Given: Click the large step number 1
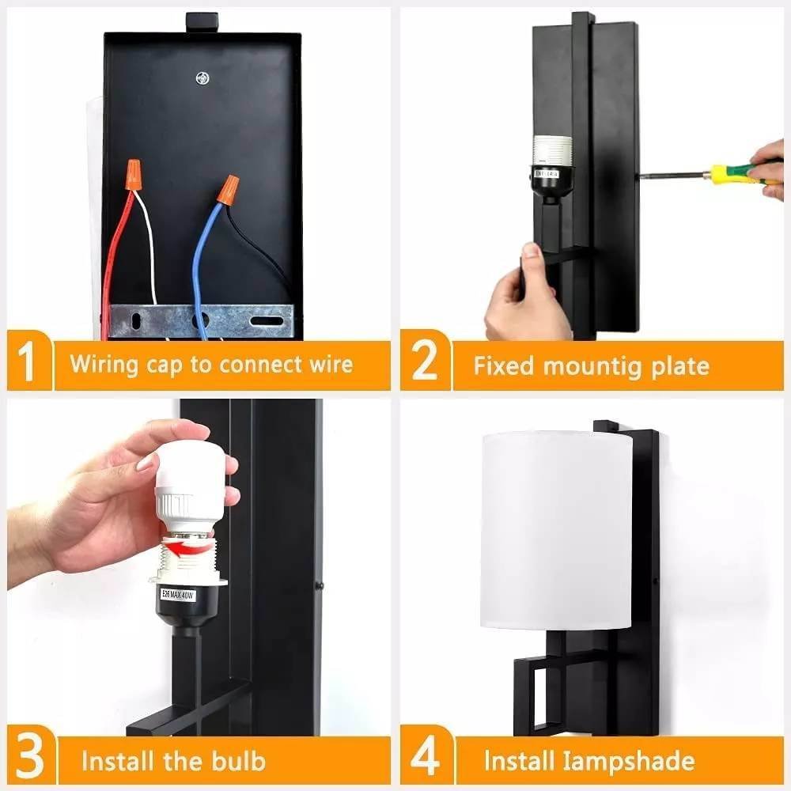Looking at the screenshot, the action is (26, 361).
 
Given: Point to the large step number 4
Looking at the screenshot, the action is (425, 757).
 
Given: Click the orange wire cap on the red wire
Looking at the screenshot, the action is (133, 175).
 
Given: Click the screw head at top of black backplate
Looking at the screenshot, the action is (202, 78).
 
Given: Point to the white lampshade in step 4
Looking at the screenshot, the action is (556, 530).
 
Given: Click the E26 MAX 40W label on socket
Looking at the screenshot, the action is (177, 594).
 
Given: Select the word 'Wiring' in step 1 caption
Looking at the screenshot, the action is (104, 364).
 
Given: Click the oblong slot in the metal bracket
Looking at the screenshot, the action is (267, 321).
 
